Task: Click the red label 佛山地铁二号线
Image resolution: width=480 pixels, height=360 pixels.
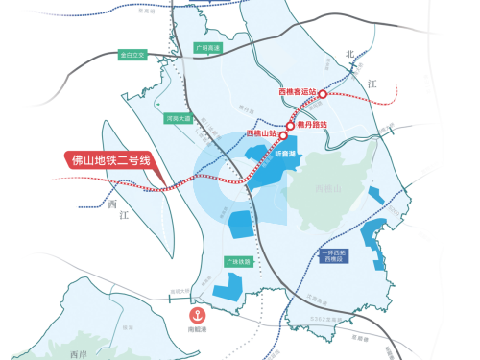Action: point(111,159)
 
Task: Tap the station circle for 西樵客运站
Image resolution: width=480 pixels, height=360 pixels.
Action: point(323,94)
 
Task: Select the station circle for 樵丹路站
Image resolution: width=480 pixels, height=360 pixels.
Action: point(290,125)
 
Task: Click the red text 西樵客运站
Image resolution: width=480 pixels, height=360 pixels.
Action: point(298,92)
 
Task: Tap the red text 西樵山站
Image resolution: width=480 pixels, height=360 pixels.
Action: point(260,133)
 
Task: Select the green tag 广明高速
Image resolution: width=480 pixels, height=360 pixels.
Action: point(207,46)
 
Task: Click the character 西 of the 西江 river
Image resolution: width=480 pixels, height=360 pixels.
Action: point(113,204)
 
